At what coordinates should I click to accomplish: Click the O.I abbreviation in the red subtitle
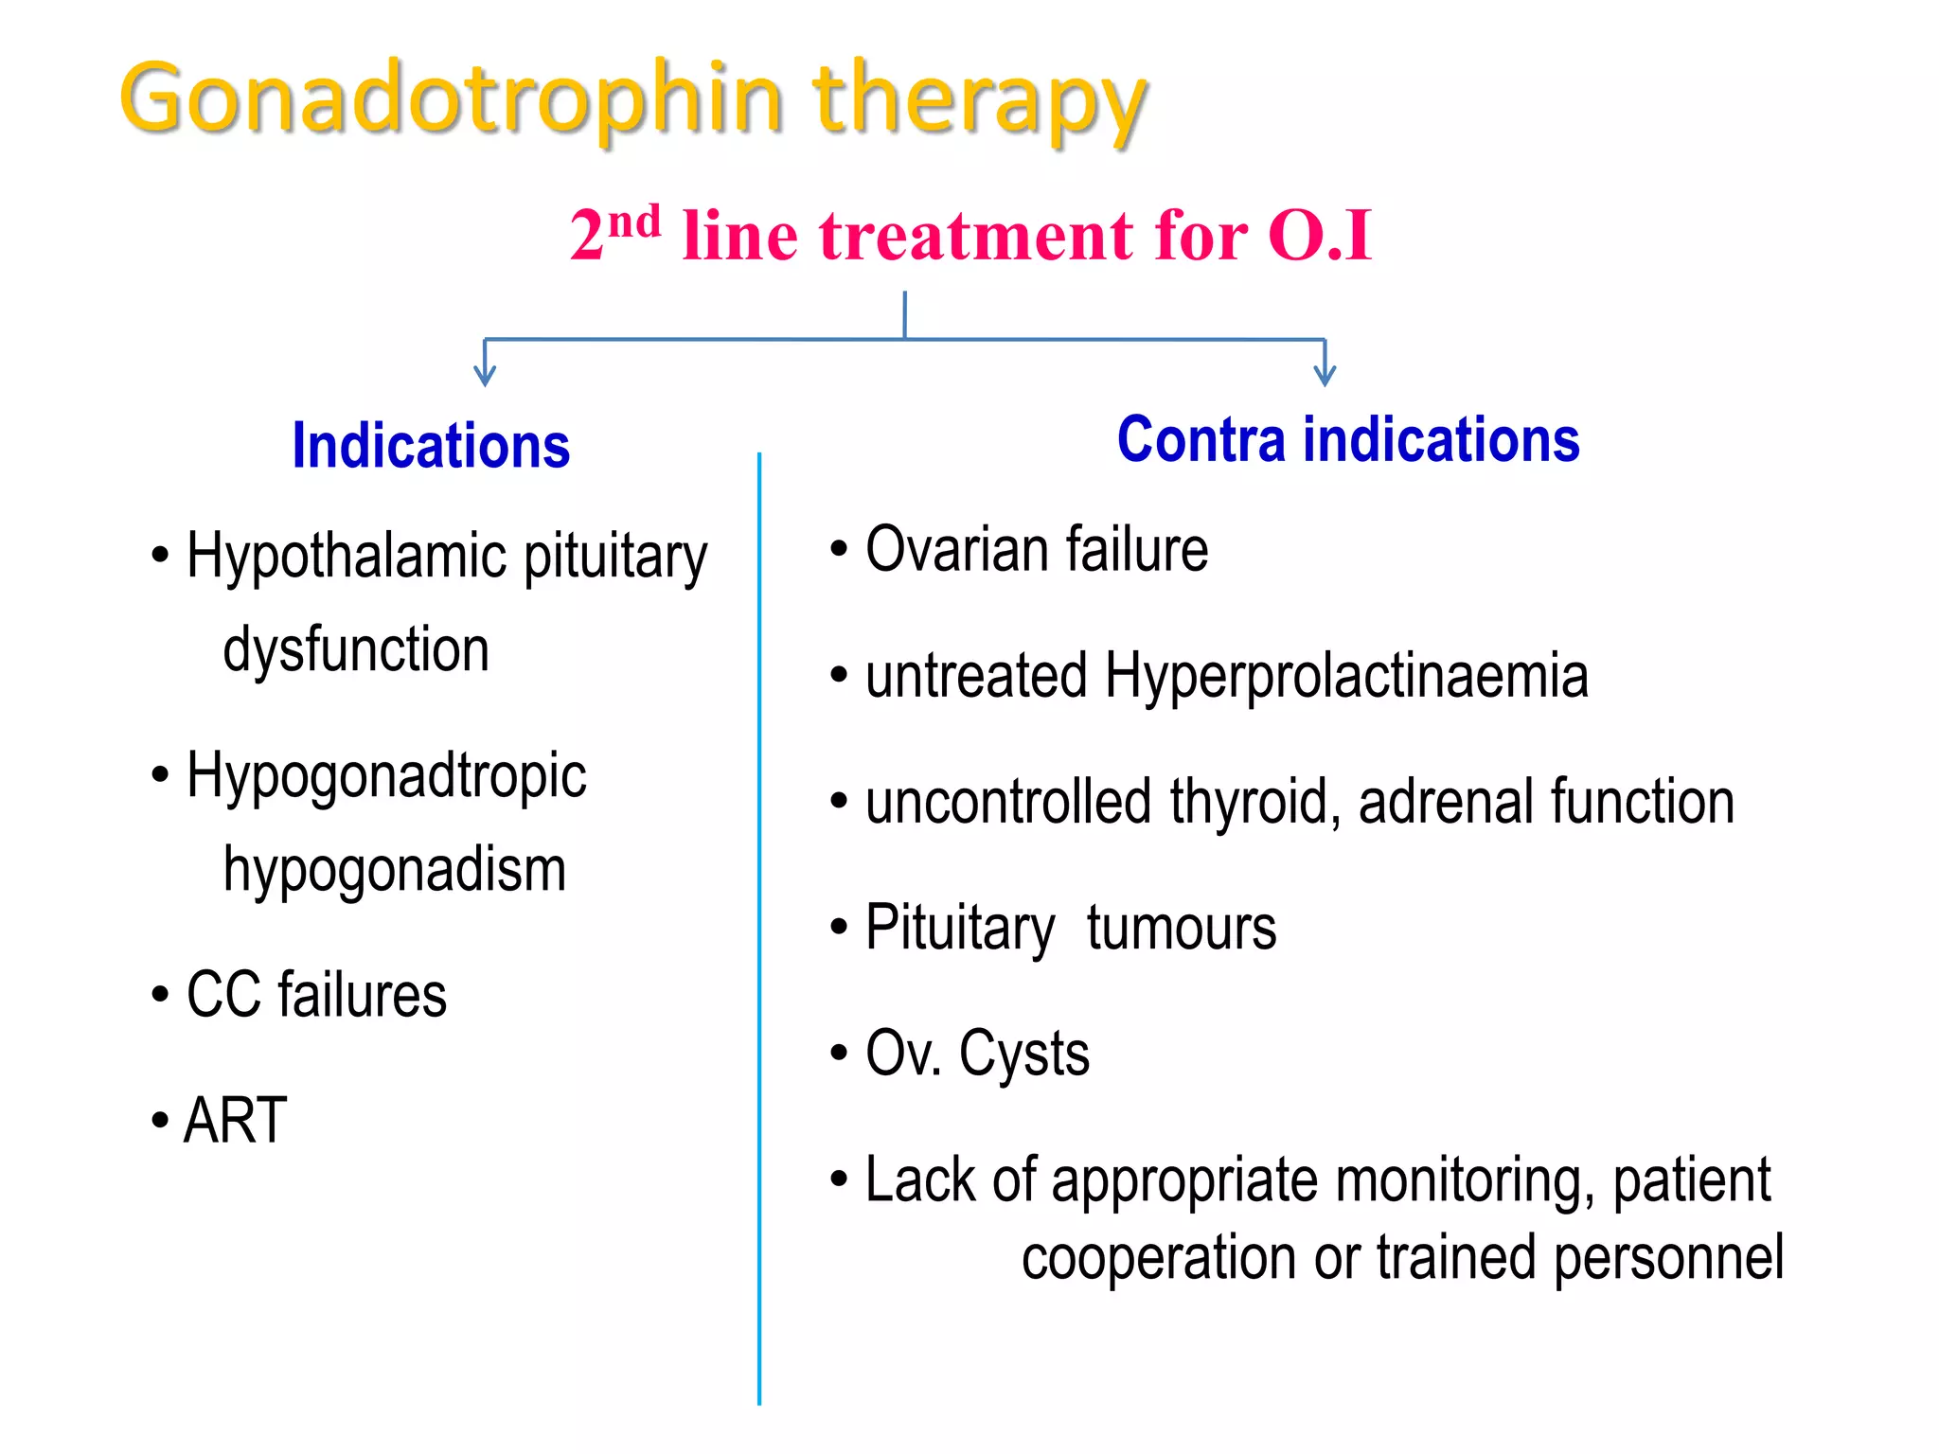pos(1319,236)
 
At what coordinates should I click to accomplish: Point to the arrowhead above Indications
pos(485,377)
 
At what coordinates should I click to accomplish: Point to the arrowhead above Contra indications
pos(1325,377)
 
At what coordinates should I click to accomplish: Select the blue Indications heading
pos(431,446)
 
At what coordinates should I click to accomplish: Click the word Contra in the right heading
pos(1201,440)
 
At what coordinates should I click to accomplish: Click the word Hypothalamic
pos(347,557)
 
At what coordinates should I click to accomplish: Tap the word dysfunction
pos(356,650)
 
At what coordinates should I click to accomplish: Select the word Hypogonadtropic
pos(386,776)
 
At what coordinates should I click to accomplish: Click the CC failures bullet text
pos(316,996)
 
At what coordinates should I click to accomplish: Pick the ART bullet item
pos(236,1121)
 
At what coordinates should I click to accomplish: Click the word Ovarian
pos(956,550)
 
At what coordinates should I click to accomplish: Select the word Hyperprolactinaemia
pos(1345,677)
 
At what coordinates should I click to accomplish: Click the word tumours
pos(1181,929)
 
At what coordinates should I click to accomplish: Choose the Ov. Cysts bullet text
pos(977,1055)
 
